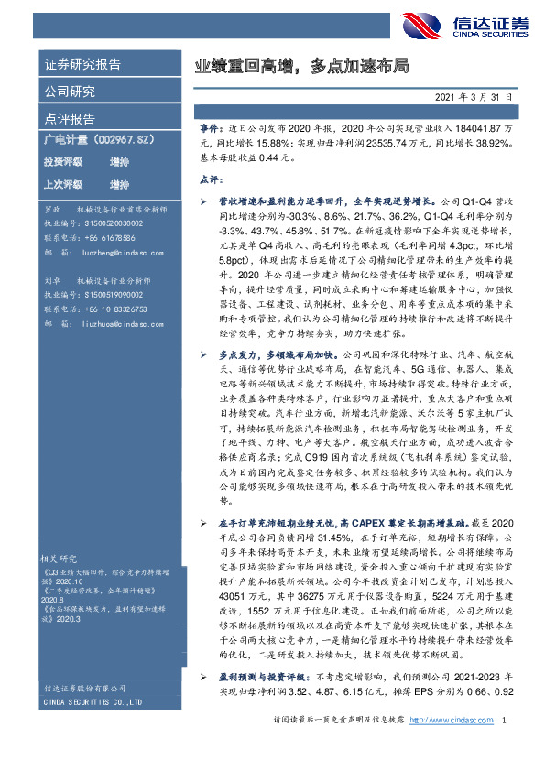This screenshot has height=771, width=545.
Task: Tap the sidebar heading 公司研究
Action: coord(70,92)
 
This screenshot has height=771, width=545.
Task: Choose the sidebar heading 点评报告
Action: coord(70,119)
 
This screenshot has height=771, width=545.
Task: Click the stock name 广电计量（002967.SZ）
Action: coord(88,140)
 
